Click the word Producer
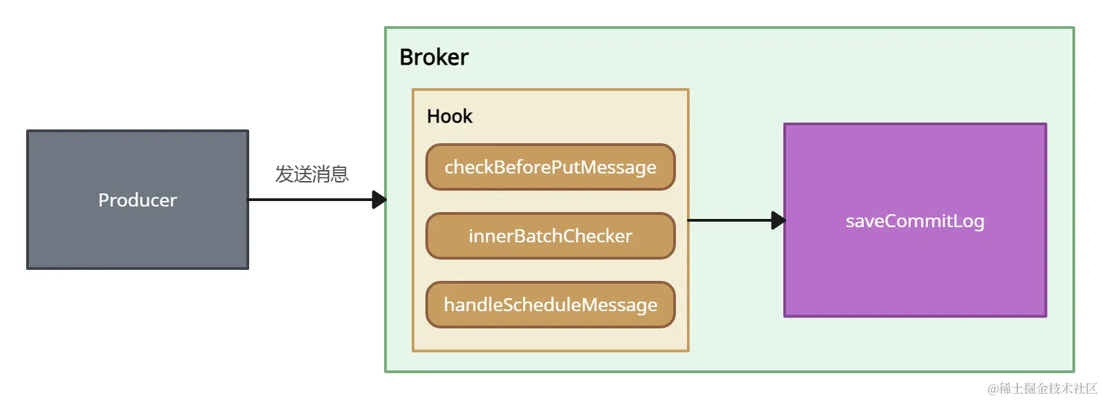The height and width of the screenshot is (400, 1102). pos(138,200)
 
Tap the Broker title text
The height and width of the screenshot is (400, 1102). pos(434,57)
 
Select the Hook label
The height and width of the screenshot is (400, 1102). pos(449,116)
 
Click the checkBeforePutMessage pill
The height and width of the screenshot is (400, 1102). pos(551,167)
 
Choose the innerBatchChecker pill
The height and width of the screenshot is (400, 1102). pos(551,236)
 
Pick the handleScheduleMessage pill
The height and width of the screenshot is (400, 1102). pos(551,305)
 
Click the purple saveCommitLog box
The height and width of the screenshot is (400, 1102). pos(915,275)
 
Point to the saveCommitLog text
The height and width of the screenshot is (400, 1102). pos(915,221)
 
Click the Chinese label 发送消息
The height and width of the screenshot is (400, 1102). pos(312,174)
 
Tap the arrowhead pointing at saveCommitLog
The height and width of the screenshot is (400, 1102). pos(778,220)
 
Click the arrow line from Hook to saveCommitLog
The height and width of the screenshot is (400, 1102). pos(730,220)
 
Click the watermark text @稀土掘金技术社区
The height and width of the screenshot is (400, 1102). pos(1042,389)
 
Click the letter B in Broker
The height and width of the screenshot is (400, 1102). pos(406,57)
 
